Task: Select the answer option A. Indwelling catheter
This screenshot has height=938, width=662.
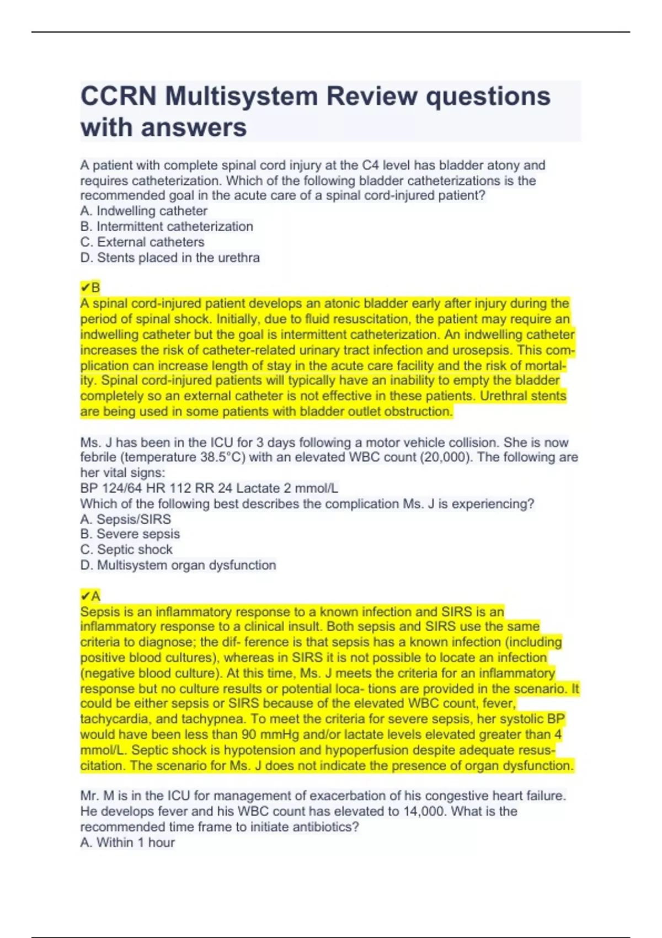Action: [144, 211]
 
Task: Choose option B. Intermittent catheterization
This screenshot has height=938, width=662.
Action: [167, 226]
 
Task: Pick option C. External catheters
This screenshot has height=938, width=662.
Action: [142, 242]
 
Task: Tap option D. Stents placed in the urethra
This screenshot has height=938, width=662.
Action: [170, 258]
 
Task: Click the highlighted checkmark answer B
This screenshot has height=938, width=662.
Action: [90, 287]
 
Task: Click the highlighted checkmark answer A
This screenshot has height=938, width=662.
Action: [90, 596]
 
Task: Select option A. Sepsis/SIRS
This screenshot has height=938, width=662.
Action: [126, 519]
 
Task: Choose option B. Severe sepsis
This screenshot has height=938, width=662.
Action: [130, 534]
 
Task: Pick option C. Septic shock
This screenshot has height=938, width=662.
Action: [126, 550]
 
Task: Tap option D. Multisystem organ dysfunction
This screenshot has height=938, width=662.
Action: [178, 565]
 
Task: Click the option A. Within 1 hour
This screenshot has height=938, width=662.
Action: [127, 843]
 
